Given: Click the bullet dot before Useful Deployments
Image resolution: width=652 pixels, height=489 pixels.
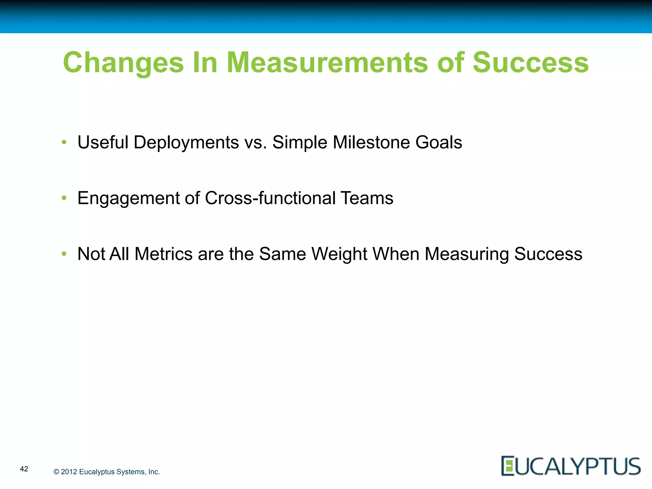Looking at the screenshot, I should tap(64, 142).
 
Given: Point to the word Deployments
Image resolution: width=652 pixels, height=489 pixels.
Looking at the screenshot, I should tap(186, 143).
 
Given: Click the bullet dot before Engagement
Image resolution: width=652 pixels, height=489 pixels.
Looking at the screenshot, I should tap(64, 198).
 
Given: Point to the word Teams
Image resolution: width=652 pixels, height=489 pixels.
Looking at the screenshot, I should tap(367, 198).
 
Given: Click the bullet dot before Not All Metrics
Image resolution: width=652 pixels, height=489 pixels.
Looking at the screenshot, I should tap(64, 254).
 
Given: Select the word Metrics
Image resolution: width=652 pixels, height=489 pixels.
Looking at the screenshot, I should tap(163, 254).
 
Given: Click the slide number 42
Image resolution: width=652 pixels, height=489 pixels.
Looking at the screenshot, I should tap(24, 469).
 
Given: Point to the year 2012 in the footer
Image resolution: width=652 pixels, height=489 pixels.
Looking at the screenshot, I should tap(69, 472).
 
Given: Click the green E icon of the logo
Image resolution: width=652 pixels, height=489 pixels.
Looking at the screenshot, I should tap(508, 466).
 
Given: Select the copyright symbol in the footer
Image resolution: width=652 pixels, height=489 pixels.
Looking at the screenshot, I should tap(56, 472).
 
